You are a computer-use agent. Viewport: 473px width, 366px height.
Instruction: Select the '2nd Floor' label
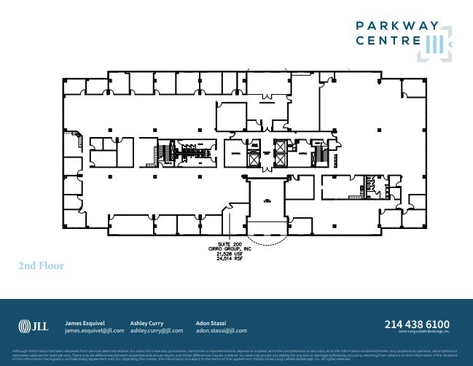[x=41, y=266]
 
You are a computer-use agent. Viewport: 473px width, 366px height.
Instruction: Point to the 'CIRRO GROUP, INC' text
[x=230, y=248]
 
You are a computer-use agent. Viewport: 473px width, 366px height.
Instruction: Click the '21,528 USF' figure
[x=230, y=253]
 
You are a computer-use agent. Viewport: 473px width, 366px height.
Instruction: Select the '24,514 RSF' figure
[x=230, y=258]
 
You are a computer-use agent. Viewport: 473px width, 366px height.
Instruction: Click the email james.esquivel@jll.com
[x=94, y=330]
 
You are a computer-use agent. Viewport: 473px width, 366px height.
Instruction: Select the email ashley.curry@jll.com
[x=156, y=330]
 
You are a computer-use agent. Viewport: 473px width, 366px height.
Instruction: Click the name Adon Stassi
[x=212, y=322]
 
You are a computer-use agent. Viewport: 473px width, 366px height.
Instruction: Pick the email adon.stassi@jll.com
[x=222, y=330]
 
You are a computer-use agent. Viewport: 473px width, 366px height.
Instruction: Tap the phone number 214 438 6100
[x=417, y=324]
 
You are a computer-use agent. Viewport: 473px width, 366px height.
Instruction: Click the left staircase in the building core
[x=165, y=152]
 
